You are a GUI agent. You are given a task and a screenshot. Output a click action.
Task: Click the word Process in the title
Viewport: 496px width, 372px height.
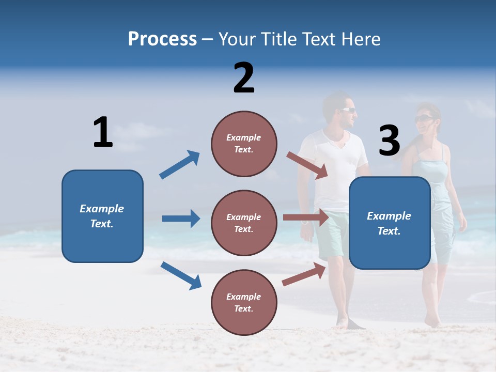tap(162, 39)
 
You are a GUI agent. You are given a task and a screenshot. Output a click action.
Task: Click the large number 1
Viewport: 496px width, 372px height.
tap(103, 132)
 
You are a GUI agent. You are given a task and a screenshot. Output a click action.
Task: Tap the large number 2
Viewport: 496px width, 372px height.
tap(244, 78)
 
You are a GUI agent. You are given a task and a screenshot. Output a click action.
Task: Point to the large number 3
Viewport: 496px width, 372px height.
tap(389, 141)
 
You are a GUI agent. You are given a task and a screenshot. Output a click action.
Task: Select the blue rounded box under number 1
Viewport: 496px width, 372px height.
tap(102, 216)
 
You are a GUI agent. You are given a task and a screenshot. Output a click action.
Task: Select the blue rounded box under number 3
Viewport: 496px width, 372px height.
tap(390, 223)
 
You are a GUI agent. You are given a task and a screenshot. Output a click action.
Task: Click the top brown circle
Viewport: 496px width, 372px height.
tap(244, 144)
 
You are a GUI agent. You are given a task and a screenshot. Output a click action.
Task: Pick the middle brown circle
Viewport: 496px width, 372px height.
tap(244, 223)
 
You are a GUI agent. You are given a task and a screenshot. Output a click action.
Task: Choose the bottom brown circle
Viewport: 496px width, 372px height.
tap(244, 302)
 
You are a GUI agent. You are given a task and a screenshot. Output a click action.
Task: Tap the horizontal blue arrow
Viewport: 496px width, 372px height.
tap(181, 219)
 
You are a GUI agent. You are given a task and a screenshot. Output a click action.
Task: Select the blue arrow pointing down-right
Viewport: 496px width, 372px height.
tap(181, 275)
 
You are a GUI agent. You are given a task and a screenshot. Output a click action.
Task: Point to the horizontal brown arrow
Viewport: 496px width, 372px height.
tap(306, 218)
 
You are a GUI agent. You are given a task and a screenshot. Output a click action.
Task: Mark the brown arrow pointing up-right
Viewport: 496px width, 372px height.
tap(304, 274)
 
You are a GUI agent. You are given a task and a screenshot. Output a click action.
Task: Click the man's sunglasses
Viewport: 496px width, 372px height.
tap(347, 110)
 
